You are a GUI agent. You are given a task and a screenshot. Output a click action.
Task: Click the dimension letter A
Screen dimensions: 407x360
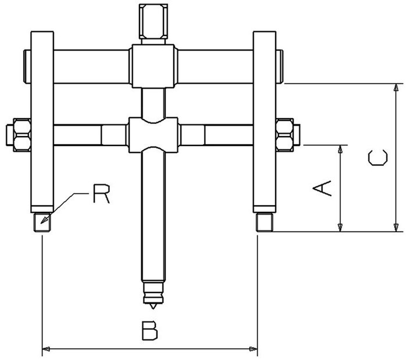pyautogui.click(x=322, y=188)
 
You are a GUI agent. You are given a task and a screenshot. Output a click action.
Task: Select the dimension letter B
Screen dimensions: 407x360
pyautogui.click(x=150, y=330)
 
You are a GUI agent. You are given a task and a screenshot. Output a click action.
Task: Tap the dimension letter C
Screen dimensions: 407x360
pyautogui.click(x=378, y=157)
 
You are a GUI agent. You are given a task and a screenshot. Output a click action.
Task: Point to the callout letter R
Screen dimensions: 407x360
pyautogui.click(x=102, y=194)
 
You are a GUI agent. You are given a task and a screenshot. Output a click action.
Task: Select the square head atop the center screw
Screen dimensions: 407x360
pyautogui.click(x=153, y=22)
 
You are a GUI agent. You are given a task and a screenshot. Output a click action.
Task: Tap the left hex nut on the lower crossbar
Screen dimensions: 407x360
pyautogui.click(x=22, y=135)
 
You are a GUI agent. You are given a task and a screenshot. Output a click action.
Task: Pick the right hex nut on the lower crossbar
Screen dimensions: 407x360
pyautogui.click(x=285, y=135)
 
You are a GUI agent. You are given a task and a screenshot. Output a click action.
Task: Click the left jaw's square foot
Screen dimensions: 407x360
pyautogui.click(x=42, y=222)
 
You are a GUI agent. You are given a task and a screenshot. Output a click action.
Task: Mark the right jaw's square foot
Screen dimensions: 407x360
pyautogui.click(x=265, y=222)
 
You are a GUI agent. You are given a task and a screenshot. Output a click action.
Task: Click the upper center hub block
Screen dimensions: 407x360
pyautogui.click(x=153, y=66)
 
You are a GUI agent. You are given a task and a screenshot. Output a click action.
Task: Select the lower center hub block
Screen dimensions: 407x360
pyautogui.click(x=153, y=135)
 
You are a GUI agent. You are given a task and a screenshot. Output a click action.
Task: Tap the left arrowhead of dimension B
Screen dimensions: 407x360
pyautogui.click(x=46, y=349)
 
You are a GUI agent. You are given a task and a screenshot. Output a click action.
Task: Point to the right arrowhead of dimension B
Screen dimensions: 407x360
pyautogui.click(x=254, y=349)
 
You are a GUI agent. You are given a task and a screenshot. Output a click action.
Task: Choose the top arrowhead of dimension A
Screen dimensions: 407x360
pyautogui.click(x=341, y=149)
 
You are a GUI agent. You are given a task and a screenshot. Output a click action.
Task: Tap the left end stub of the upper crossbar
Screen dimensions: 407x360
pyautogui.click(x=27, y=66)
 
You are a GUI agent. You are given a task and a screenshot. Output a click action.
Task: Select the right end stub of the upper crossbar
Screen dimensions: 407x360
pyautogui.click(x=279, y=66)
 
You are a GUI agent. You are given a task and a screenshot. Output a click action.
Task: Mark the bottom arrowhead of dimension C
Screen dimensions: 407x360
pyautogui.click(x=396, y=227)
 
